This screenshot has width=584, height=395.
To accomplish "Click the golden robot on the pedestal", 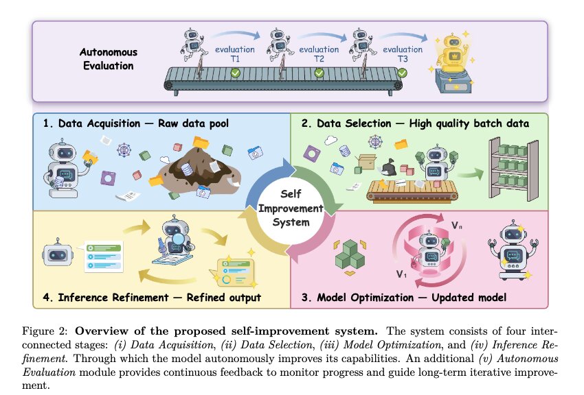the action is (453, 53).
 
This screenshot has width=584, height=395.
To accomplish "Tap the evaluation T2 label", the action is (319, 54).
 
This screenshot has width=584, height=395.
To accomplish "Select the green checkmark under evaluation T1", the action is (235, 73).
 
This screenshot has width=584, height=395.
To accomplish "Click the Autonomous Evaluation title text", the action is (109, 59).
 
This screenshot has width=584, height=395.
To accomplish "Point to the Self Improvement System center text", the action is (291, 208).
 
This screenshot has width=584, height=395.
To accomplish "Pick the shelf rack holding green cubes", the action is (513, 168).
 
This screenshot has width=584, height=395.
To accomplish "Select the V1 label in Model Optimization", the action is (401, 274).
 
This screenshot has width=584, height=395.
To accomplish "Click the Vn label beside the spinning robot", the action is (457, 225).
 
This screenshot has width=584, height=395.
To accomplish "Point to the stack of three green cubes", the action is (350, 254).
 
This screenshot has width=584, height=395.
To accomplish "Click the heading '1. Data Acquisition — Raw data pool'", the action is (135, 123).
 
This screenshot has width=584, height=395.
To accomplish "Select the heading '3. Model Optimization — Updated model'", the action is (404, 297).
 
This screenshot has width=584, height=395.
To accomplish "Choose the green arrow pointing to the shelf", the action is (470, 174).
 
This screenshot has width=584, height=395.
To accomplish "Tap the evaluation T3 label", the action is (403, 54).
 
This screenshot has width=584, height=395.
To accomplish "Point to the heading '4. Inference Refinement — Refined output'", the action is (152, 297).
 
